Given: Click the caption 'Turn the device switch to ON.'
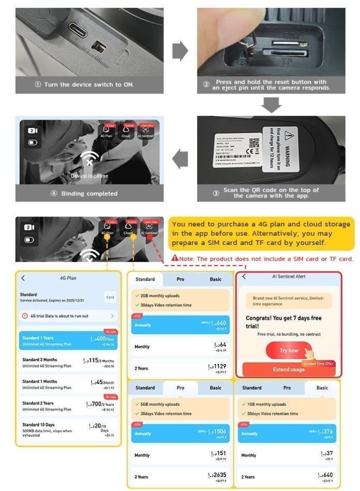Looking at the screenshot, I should tap(89, 84).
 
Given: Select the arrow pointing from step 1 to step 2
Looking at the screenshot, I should tap(179, 51).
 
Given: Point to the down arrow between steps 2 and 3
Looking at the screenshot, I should tap(271, 104).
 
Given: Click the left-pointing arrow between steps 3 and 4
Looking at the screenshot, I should tap(180, 159).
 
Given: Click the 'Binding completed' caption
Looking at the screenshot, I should tap(89, 194).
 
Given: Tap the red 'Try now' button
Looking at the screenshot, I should tap(289, 350).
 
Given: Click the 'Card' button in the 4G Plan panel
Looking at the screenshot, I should tap(110, 297).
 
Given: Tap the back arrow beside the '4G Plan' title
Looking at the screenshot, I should tap(23, 278).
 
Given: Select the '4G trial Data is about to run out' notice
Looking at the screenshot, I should tap(67, 316).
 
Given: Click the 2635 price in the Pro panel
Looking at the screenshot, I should tap(218, 475).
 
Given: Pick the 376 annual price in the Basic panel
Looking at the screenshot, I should tap(326, 432).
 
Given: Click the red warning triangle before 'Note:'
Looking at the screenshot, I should tap(175, 258).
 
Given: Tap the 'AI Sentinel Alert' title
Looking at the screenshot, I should tap(289, 277).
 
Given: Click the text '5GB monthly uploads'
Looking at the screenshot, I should tap(160, 404).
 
